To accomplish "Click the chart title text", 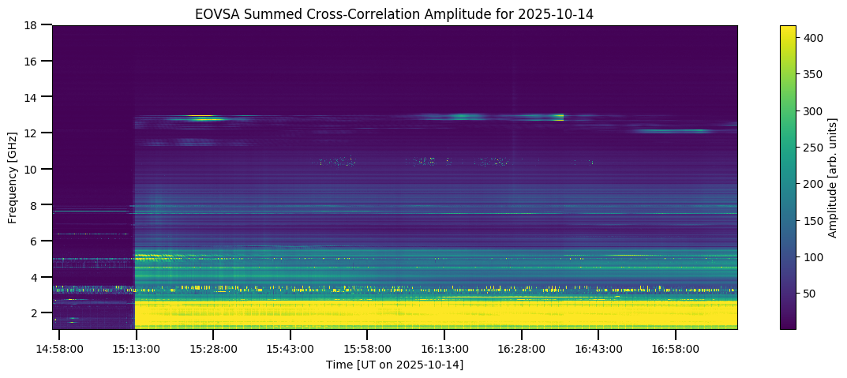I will tap(395, 13).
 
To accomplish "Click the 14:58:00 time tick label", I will tap(59, 349).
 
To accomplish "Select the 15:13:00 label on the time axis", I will tap(136, 349).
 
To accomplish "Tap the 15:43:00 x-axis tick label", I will tap(290, 349).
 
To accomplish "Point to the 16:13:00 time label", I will tap(444, 349).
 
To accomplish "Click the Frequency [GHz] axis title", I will tap(13, 177).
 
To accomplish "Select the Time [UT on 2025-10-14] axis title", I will tap(395, 365).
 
